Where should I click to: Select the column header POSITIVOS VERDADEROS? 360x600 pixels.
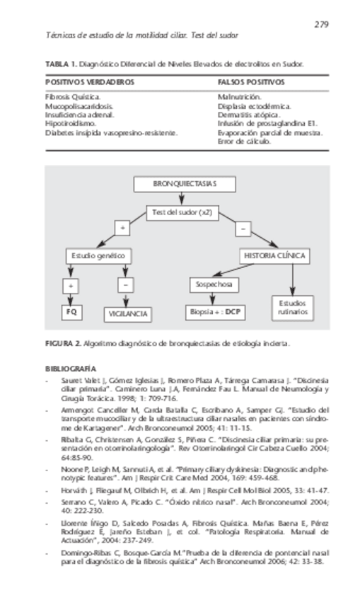pos(90,82)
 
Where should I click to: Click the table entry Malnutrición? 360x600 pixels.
pos(240,96)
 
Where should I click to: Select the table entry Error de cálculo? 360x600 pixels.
pos(245,141)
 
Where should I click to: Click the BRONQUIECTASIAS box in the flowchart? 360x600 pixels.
pos(185,185)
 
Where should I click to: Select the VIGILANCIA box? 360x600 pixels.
pos(127,312)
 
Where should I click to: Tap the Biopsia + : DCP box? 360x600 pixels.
pos(212,311)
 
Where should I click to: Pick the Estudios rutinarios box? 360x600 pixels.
pos(292,306)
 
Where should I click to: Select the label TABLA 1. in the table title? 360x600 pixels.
pos(61,64)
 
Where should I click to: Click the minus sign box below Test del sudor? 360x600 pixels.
pos(243,229)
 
